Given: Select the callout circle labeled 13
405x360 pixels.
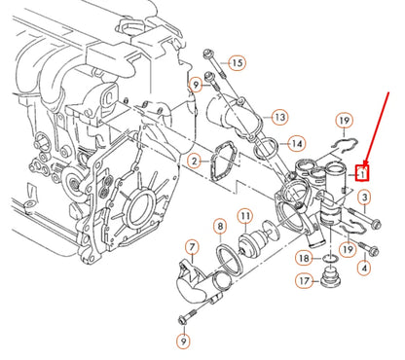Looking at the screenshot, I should pyautogui.click(x=279, y=117).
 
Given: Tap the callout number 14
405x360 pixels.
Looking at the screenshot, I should pyautogui.click(x=280, y=154).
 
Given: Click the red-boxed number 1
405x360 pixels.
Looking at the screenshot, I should pyautogui.click(x=362, y=174).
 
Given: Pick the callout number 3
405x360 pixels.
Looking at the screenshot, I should pyautogui.click(x=364, y=199).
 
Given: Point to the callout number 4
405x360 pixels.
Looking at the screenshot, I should pyautogui.click(x=364, y=267).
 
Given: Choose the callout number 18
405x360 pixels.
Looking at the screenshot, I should pyautogui.click(x=305, y=259).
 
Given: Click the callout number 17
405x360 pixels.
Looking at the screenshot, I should pyautogui.click(x=305, y=281).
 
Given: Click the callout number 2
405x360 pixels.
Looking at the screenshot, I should pyautogui.click(x=195, y=160).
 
